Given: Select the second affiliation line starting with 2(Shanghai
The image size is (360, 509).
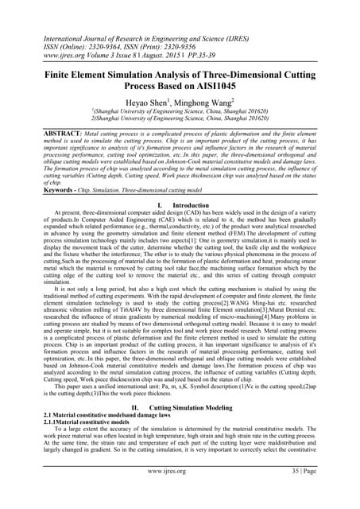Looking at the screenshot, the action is click(180, 119).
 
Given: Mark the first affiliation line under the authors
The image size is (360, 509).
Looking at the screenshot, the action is click(180, 112).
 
